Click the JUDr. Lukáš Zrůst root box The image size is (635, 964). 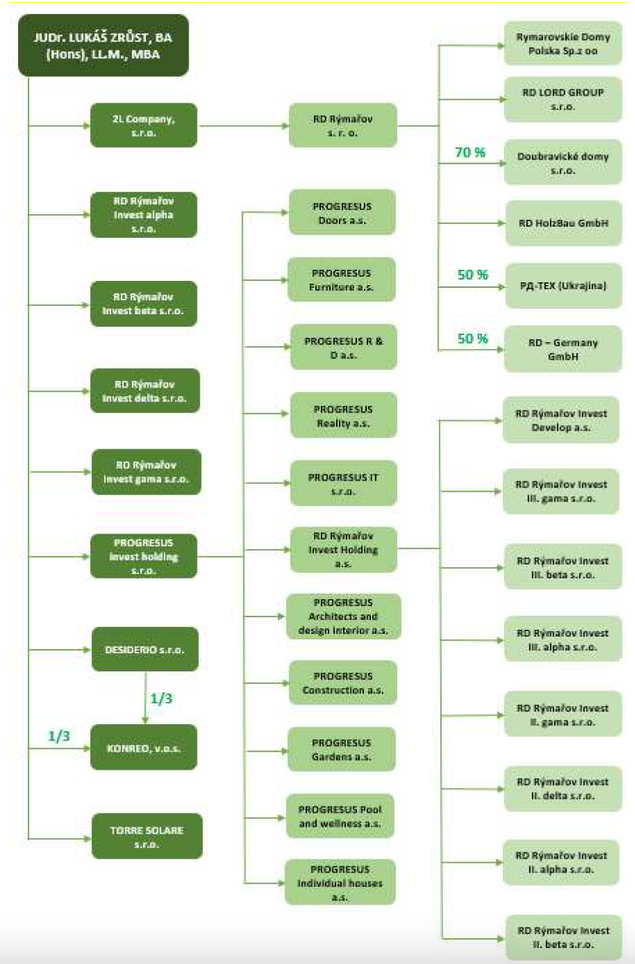[x=103, y=46]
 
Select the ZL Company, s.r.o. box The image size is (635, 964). [x=143, y=126]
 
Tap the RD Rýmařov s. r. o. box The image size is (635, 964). [x=342, y=126]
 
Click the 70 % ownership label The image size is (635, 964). [x=470, y=153]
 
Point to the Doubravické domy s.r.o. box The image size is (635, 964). [x=562, y=163]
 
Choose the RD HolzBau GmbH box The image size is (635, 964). [x=563, y=223]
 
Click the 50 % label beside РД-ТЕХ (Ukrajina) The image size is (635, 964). [x=472, y=275]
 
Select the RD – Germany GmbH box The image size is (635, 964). [x=562, y=349]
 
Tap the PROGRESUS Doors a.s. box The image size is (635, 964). [x=342, y=213]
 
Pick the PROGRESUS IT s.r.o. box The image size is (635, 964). [x=343, y=484]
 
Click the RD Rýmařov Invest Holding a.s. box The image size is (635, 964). [x=343, y=549]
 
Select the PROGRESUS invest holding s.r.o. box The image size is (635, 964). [x=143, y=556]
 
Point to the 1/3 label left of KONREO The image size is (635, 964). [x=59, y=736]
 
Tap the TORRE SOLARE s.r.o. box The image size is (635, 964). [x=146, y=837]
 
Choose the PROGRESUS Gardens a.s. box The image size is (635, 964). [x=341, y=750]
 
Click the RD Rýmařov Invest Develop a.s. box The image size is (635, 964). [x=561, y=420]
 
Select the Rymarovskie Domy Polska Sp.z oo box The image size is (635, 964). [x=562, y=44]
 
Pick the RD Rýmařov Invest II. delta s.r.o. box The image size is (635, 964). [x=562, y=789]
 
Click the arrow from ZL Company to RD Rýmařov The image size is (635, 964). [x=243, y=126]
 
